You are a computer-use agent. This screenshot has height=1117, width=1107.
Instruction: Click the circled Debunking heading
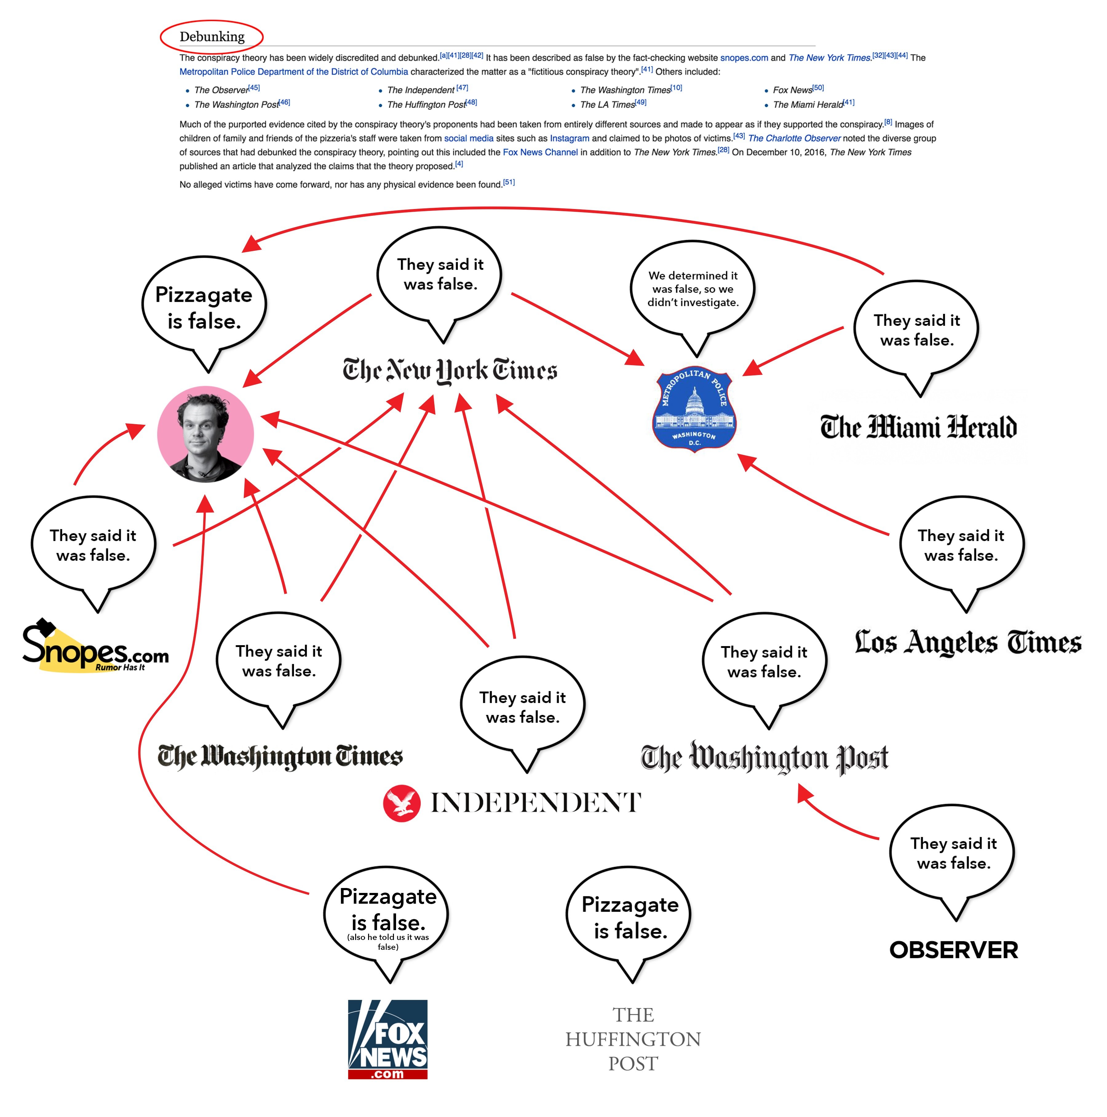click(212, 36)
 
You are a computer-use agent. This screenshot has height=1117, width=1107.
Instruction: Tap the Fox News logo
click(387, 1039)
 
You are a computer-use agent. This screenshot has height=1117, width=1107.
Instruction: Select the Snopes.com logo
click(95, 646)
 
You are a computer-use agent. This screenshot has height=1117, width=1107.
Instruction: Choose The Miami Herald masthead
click(919, 427)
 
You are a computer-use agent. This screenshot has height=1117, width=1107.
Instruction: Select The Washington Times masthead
click(280, 756)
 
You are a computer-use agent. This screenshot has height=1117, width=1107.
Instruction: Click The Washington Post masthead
click(765, 757)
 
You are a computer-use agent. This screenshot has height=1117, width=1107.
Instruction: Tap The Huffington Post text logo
click(633, 1039)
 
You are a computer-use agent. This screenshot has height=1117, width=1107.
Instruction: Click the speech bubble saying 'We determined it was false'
click(693, 295)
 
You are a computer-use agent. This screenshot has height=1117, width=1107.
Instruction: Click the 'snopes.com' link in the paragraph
click(744, 58)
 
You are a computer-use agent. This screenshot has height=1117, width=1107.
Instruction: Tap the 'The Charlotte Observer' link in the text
click(794, 138)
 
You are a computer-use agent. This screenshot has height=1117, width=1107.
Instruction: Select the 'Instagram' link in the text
click(570, 138)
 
